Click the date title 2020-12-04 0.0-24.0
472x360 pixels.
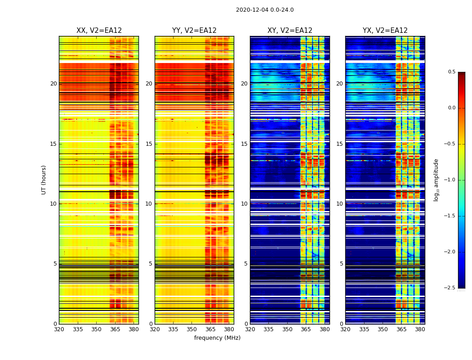point(265,10)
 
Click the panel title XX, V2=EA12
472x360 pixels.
point(99,31)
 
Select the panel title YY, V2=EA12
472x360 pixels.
point(194,31)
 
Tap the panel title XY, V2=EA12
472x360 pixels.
point(290,31)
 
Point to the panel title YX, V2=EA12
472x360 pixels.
point(385,31)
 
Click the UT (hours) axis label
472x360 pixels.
point(44,180)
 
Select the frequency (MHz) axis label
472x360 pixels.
point(217,338)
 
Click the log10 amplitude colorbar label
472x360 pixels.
point(436,180)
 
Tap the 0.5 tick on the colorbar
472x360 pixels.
point(451,72)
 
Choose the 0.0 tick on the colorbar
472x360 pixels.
point(451,108)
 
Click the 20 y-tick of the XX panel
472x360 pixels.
point(53,84)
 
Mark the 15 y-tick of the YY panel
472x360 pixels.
point(149,144)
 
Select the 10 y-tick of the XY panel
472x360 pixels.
point(245,204)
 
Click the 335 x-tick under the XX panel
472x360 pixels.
point(78,329)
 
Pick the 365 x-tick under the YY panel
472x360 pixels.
point(210,329)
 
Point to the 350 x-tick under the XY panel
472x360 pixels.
point(287,329)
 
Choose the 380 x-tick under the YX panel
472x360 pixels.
point(420,329)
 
